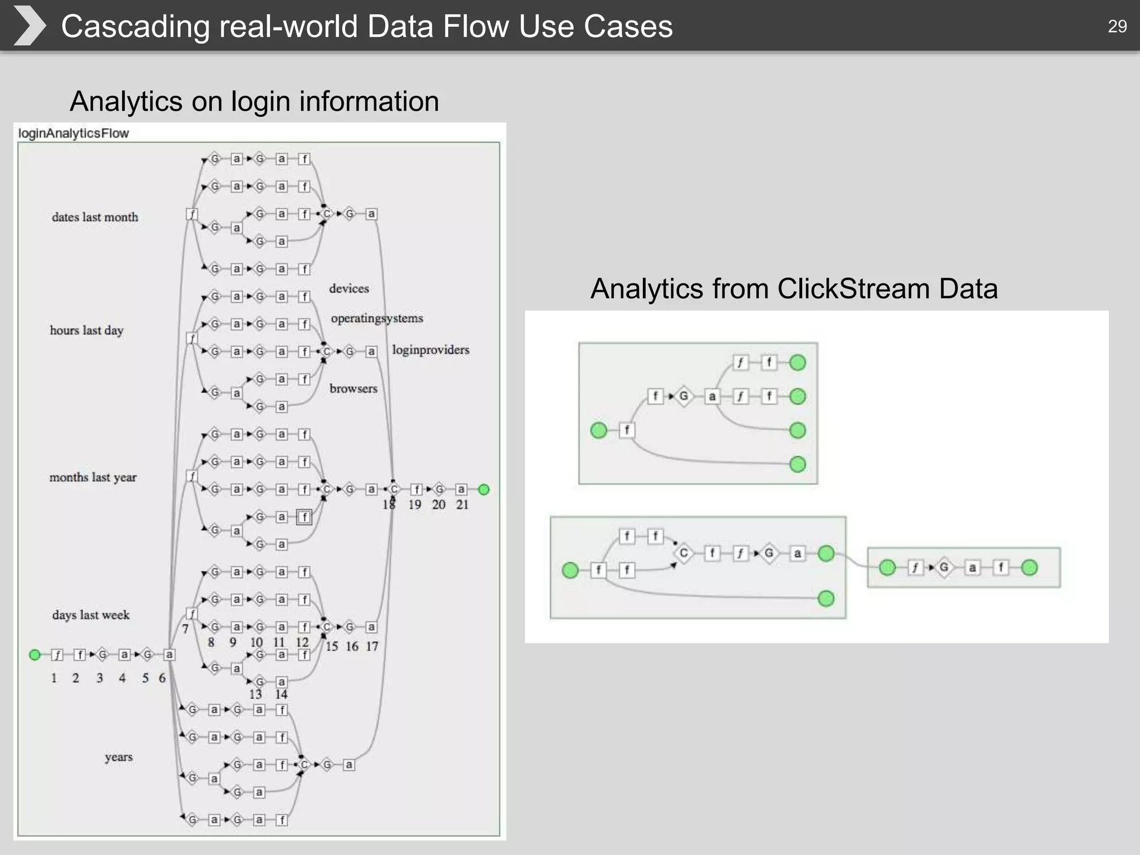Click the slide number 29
click(x=1117, y=26)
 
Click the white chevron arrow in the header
click(x=29, y=26)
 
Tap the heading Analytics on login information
click(x=254, y=101)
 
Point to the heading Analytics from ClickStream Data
click(x=794, y=289)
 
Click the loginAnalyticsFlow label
click(x=73, y=134)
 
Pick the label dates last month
click(x=95, y=217)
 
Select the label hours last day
click(x=86, y=330)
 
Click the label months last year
click(x=93, y=477)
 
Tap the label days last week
click(x=91, y=615)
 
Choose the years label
click(x=119, y=757)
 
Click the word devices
click(x=349, y=288)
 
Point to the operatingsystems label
click(x=377, y=318)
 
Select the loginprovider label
click(x=430, y=350)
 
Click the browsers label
click(x=353, y=389)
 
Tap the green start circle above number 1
click(x=35, y=655)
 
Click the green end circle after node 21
click(x=484, y=489)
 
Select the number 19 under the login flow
click(x=415, y=505)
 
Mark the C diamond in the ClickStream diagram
click(x=684, y=553)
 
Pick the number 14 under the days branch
click(x=281, y=694)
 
